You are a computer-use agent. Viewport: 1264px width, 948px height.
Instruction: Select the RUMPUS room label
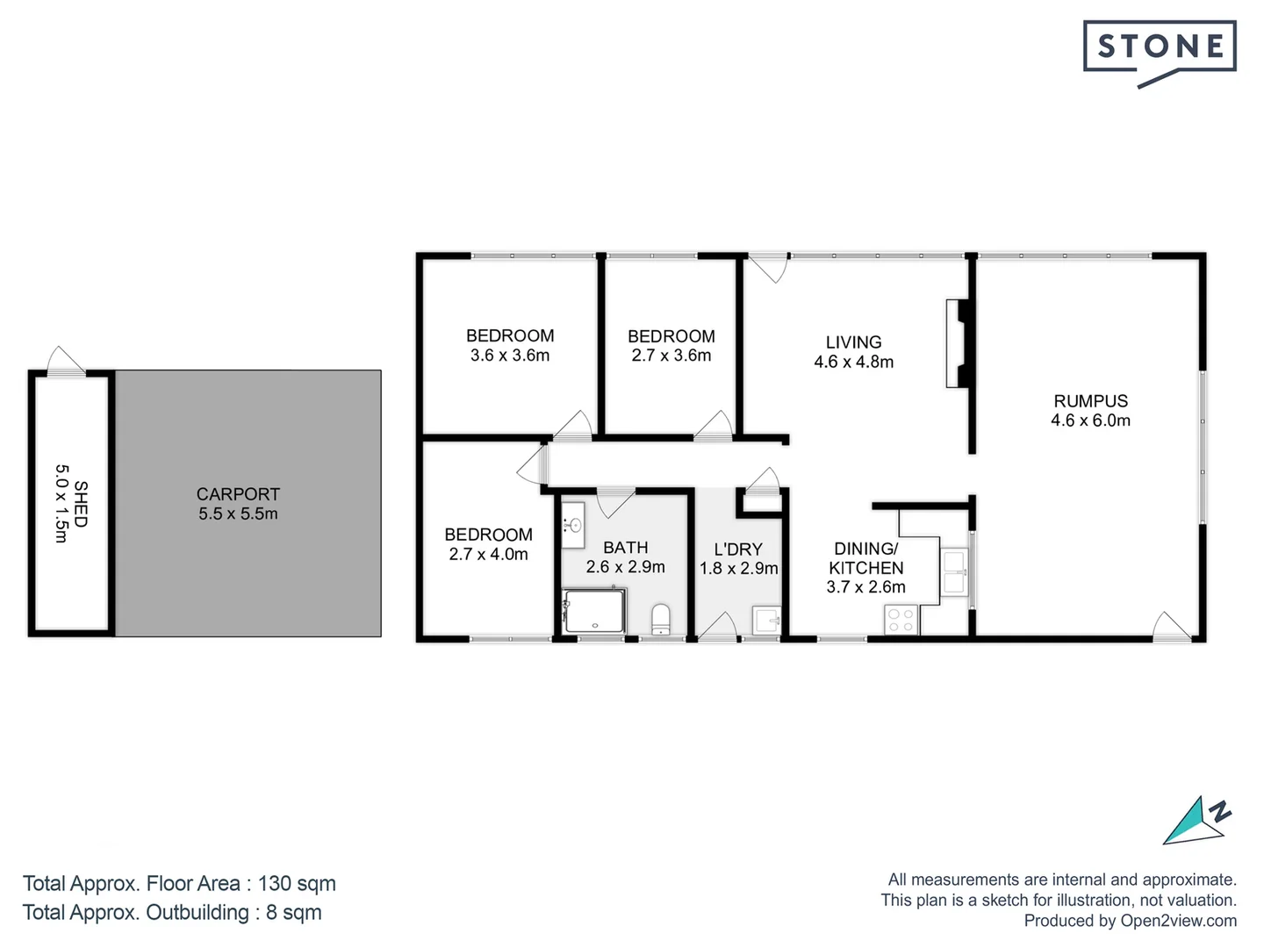click(x=1090, y=401)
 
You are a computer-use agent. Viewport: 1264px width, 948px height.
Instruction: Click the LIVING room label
click(x=853, y=342)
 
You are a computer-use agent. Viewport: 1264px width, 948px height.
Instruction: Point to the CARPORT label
click(x=238, y=494)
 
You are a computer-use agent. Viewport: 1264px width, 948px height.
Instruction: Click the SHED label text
click(x=81, y=504)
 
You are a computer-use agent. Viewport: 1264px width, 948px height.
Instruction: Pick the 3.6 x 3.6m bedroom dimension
click(x=510, y=355)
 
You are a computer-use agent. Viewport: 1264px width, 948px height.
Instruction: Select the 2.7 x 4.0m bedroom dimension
click(x=488, y=554)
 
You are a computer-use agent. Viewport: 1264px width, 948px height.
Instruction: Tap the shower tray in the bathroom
click(x=595, y=611)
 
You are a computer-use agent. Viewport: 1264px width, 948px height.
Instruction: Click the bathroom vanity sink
click(x=574, y=525)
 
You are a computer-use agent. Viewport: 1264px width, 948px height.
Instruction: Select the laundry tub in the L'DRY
click(x=767, y=621)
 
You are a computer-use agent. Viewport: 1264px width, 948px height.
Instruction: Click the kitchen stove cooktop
click(x=901, y=620)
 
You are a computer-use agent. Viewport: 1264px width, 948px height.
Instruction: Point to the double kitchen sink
click(x=955, y=571)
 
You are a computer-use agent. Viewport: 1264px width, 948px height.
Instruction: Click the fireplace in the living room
click(x=959, y=343)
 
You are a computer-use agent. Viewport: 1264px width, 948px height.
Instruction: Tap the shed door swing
click(x=65, y=361)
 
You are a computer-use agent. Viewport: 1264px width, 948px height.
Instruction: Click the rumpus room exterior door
click(x=1172, y=625)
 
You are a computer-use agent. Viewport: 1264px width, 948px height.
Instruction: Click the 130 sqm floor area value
click(x=297, y=884)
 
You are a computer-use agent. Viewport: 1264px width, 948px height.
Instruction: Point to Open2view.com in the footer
click(x=1178, y=921)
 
